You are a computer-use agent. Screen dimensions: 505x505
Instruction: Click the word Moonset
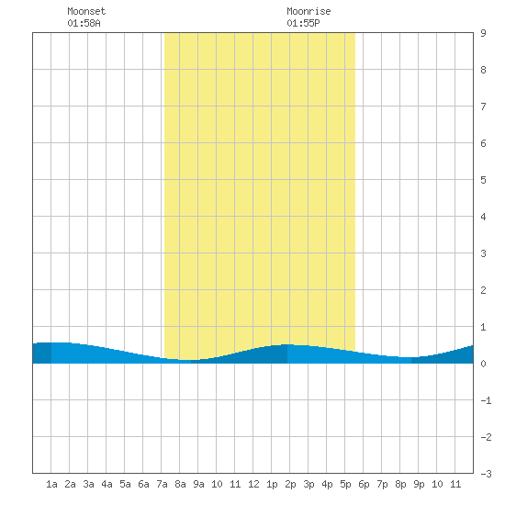pyautogui.click(x=86, y=11)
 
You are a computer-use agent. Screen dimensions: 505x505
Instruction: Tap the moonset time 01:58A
pyautogui.click(x=84, y=23)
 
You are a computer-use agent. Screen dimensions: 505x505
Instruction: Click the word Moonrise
pyautogui.click(x=309, y=11)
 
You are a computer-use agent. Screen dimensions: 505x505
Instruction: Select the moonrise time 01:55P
pyautogui.click(x=303, y=23)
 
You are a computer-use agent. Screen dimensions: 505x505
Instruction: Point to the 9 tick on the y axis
pyautogui.click(x=483, y=33)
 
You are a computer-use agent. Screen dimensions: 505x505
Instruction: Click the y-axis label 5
pyautogui.click(x=483, y=180)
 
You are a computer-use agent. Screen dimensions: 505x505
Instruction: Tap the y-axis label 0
pyautogui.click(x=483, y=364)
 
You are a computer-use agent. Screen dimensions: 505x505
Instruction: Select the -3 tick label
pyautogui.click(x=486, y=474)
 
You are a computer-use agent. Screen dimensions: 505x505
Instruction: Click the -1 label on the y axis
pyautogui.click(x=486, y=400)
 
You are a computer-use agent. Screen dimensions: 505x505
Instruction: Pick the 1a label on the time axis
pyautogui.click(x=51, y=484)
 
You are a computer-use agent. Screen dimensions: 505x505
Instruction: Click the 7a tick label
pyautogui.click(x=162, y=484)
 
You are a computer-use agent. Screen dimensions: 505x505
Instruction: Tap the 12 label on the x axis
pyautogui.click(x=253, y=484)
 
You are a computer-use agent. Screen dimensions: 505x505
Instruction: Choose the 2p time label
pyautogui.click(x=290, y=484)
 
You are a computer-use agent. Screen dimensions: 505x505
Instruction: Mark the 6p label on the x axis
pyautogui.click(x=364, y=484)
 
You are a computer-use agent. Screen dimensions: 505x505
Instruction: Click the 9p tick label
pyautogui.click(x=419, y=484)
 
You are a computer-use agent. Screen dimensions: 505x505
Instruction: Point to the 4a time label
pyautogui.click(x=107, y=484)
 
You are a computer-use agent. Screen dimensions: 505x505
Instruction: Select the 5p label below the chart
pyautogui.click(x=345, y=484)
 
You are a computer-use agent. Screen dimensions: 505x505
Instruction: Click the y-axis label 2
pyautogui.click(x=483, y=290)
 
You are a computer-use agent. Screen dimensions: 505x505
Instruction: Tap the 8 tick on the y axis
pyautogui.click(x=483, y=70)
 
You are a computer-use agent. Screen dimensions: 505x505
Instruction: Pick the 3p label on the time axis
pyautogui.click(x=309, y=484)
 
